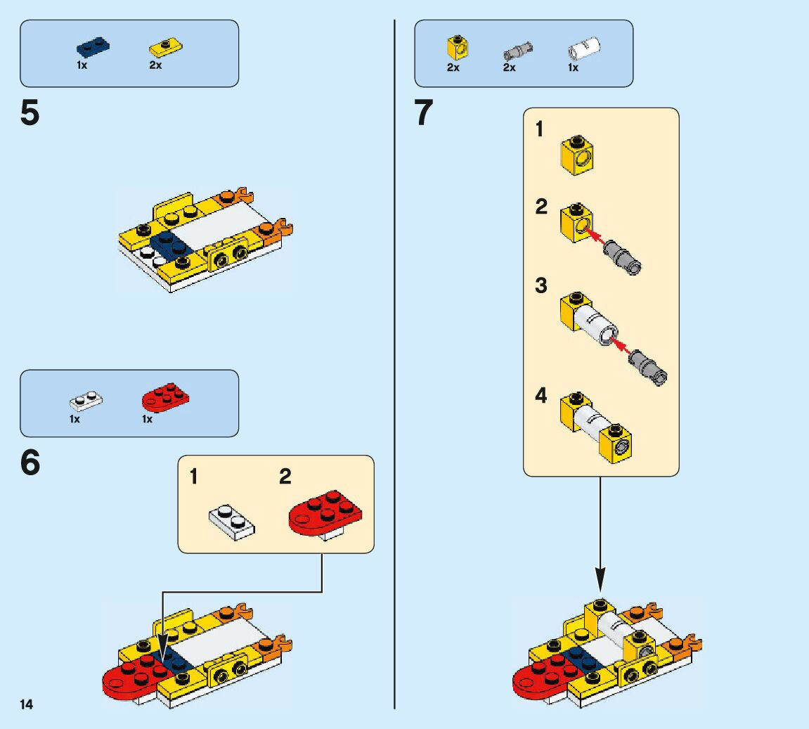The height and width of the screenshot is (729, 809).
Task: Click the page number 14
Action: tap(27, 704)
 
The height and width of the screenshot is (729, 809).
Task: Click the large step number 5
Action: tap(30, 114)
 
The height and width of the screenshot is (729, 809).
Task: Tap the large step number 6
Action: tap(30, 464)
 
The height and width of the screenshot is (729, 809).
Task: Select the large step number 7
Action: tap(424, 114)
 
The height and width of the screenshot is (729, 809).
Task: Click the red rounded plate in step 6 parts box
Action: tap(165, 399)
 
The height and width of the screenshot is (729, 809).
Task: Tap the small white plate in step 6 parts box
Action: tap(86, 401)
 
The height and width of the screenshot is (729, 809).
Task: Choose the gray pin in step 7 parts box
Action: tap(518, 51)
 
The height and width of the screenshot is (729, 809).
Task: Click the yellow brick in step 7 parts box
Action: tap(458, 49)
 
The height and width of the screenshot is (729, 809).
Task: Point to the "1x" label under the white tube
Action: tap(573, 68)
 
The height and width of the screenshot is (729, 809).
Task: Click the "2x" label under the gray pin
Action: tap(509, 68)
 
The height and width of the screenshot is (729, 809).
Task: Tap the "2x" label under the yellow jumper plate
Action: tap(155, 65)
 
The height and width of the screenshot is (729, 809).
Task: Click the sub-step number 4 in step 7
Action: tap(541, 396)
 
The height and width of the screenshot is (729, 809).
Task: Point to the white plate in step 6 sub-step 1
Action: tap(231, 522)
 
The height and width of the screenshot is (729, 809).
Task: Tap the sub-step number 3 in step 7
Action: tap(541, 286)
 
